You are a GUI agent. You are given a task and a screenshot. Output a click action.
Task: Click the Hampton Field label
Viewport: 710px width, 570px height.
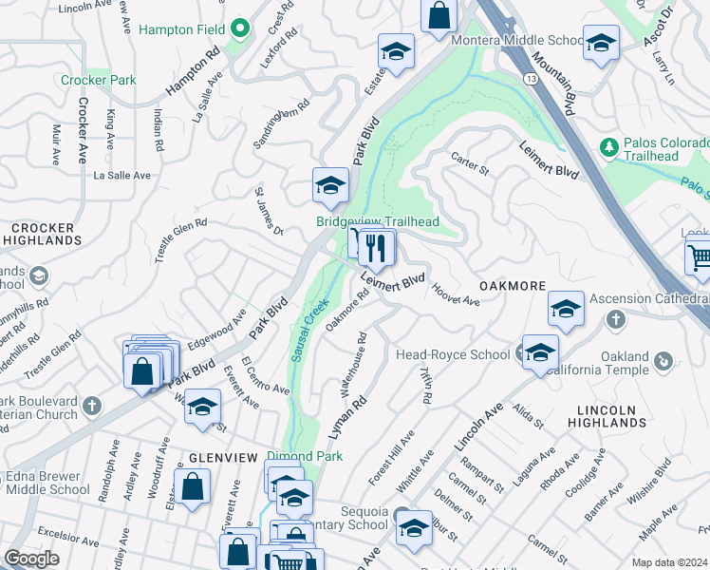point(181,29)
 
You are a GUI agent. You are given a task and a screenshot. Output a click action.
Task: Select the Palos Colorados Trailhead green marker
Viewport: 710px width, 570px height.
point(607,146)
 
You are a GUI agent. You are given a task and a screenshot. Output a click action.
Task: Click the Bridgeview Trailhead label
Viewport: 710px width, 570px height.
point(378,221)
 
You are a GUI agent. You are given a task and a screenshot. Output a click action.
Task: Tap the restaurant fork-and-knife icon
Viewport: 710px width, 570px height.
point(378,249)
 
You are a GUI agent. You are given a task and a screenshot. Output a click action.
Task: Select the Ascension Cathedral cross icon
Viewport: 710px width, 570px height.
point(615,321)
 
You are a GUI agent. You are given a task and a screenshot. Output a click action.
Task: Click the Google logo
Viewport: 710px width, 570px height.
point(32,559)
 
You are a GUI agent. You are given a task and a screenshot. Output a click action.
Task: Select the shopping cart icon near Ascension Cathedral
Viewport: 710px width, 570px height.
point(699,256)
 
